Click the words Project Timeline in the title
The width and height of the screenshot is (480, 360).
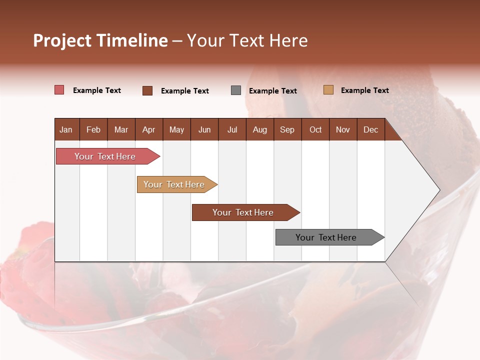[x=100, y=40]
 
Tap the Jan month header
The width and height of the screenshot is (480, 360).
[x=66, y=129]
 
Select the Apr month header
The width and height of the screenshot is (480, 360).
[x=149, y=129]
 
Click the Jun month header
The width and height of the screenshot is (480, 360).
[x=204, y=129]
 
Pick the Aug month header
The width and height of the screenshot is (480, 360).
[x=260, y=129]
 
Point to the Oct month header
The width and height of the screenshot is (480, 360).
[x=315, y=129]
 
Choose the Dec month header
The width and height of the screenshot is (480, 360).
[x=371, y=129]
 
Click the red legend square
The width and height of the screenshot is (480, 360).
[x=59, y=90]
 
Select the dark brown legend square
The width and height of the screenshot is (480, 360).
[x=147, y=90]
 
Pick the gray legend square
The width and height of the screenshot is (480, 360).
[x=236, y=90]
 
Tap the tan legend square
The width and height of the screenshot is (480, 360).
[x=328, y=90]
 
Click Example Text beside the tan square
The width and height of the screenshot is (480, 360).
[x=364, y=90]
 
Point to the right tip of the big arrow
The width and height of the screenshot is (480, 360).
[x=438, y=190]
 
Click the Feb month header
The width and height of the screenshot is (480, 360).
[x=93, y=129]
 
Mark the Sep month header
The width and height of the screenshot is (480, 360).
[x=287, y=129]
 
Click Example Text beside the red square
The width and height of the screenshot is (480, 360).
[x=97, y=90]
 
